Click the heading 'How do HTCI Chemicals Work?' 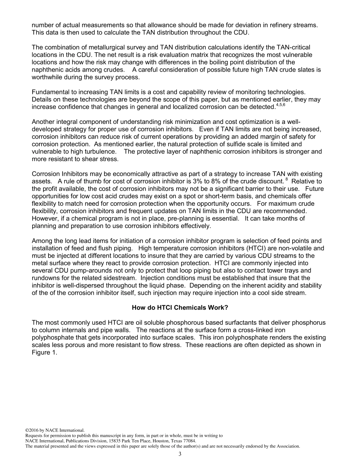pyautogui.click(x=180, y=308)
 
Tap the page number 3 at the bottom pyautogui.click(x=180, y=454)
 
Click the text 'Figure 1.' pyautogui.click(x=44, y=352)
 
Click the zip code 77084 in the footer pyautogui.click(x=189, y=441)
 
